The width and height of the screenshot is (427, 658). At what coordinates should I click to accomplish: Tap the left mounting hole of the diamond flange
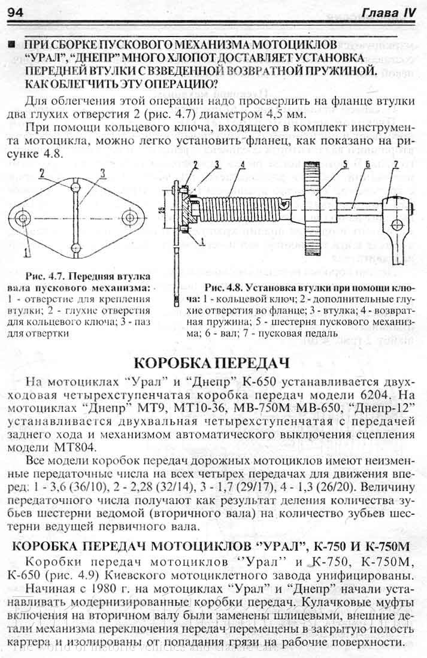pyautogui.click(x=24, y=217)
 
